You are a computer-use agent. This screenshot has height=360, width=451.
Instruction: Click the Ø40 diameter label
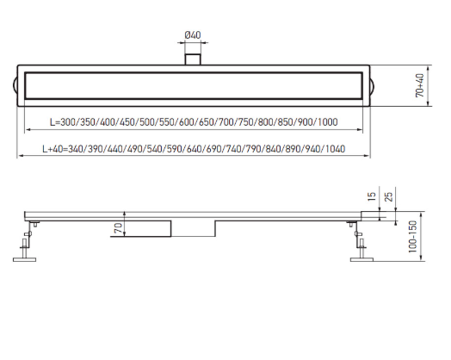[193, 35]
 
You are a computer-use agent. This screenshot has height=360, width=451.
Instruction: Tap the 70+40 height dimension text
[420, 85]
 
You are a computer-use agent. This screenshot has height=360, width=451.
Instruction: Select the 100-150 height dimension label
[413, 237]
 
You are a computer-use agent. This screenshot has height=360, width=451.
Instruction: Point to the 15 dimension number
[372, 196]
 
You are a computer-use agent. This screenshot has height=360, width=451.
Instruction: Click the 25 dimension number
[388, 197]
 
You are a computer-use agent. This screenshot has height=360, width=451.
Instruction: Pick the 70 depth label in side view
[118, 228]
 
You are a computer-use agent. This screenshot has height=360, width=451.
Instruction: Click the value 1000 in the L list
[328, 122]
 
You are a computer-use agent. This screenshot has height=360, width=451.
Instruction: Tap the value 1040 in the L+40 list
[335, 149]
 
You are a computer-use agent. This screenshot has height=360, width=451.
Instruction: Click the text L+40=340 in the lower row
[63, 149]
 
